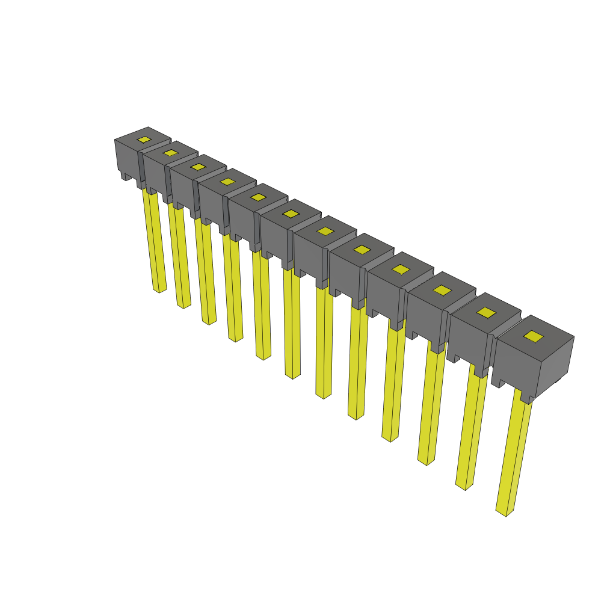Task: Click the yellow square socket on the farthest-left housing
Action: (144, 140)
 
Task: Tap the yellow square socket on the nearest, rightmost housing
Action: (532, 336)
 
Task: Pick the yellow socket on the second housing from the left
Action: (170, 153)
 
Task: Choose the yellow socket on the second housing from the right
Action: (486, 312)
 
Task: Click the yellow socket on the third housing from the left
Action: (198, 167)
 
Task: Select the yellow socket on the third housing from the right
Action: (442, 291)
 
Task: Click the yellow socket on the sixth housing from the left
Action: (291, 214)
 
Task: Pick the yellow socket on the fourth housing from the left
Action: (227, 181)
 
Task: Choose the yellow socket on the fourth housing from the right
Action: (401, 269)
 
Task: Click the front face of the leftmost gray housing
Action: (126, 157)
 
